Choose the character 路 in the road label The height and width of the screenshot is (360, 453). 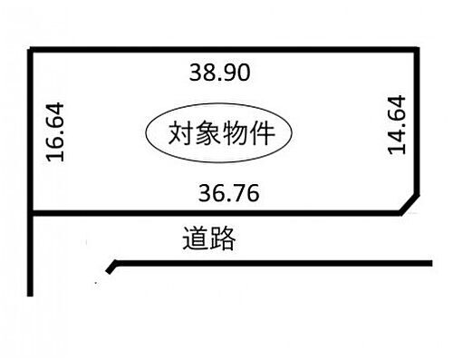pyautogui.click(x=222, y=239)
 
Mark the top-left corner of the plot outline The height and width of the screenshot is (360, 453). pyautogui.click(x=33, y=52)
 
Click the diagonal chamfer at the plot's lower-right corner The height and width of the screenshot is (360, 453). pyautogui.click(x=410, y=204)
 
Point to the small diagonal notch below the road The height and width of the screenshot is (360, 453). pyautogui.click(x=111, y=267)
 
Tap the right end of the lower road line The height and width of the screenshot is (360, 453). pyautogui.click(x=431, y=263)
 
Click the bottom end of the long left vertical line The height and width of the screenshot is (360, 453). pyautogui.click(x=32, y=294)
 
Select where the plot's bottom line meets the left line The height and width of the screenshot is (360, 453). pyautogui.click(x=33, y=214)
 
